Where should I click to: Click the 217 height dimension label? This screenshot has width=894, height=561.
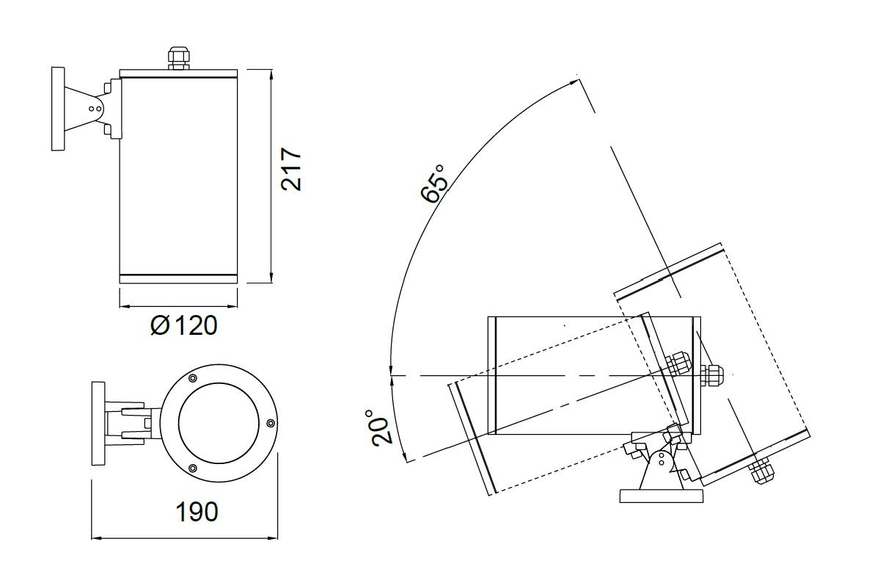tap(291, 170)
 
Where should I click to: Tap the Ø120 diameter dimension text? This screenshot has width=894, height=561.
tap(184, 325)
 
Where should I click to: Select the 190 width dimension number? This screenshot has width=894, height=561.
tap(197, 512)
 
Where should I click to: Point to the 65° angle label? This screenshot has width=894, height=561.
tap(434, 183)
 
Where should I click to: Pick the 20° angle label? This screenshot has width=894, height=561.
tap(381, 427)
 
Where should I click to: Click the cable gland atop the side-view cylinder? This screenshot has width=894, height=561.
tap(178, 58)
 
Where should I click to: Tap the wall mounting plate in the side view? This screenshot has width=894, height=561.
tap(58, 109)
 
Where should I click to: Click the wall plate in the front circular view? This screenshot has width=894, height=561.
tap(98, 424)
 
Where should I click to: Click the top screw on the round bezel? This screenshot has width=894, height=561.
tap(193, 378)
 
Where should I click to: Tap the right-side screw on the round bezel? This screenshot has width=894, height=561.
tap(270, 423)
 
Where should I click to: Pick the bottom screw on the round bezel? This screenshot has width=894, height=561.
tap(193, 468)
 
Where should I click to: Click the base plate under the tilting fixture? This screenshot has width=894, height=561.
tap(661, 496)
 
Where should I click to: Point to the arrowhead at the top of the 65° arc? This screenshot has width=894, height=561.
tap(574, 82)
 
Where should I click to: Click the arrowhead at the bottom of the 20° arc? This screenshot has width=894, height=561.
tap(404, 456)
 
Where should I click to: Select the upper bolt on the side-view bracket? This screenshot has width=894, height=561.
tap(108, 87)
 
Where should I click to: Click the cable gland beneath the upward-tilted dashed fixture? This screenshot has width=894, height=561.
tap(762, 471)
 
